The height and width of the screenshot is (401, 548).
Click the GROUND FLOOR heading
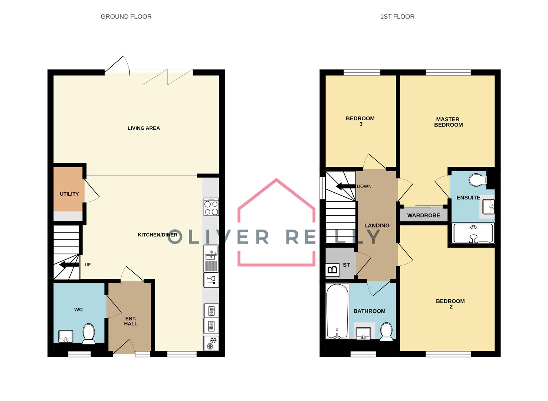coord(126,17)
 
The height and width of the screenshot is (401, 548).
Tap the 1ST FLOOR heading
coord(397,17)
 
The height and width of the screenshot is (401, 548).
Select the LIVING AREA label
coord(144,128)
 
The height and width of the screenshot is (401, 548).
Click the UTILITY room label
coord(69,194)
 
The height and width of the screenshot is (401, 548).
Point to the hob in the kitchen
coord(211,207)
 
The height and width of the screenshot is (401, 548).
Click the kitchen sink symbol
coord(211,253)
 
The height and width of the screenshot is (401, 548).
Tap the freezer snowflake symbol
coord(211,343)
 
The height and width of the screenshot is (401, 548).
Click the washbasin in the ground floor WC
coord(66,336)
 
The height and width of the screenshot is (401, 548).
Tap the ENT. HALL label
coord(131,321)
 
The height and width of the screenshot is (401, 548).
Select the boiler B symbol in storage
coord(333,269)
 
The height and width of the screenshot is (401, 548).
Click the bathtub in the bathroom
coord(337,311)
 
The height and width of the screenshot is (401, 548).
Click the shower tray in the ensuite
coord(473,233)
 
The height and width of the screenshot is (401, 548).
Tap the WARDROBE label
coord(423,215)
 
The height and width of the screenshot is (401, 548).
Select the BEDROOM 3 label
coord(360,121)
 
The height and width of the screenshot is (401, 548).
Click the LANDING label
coord(377,225)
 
